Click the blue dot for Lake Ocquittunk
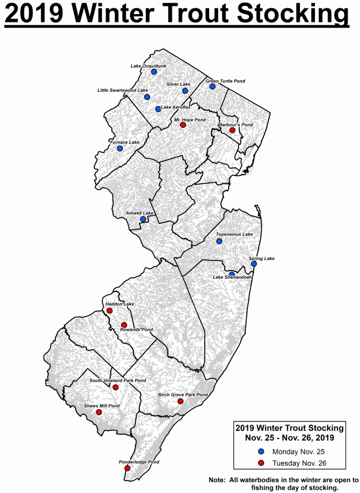pos(154,72)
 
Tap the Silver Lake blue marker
pos(185,91)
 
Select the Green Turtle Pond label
pos(225,81)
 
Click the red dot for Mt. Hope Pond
pos(183,125)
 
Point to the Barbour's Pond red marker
pos(232,130)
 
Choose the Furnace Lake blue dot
pos(120,148)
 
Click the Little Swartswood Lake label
pos(122,90)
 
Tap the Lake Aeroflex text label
pos(176,107)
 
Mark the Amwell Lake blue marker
pos(143,219)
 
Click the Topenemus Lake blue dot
pos(219,242)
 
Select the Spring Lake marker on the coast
pos(254,264)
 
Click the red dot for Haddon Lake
pos(109,311)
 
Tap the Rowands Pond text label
pos(136,330)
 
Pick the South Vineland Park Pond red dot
pos(115,387)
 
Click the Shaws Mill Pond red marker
pos(99,412)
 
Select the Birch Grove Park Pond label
pos(183,395)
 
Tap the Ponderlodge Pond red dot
pos(127,468)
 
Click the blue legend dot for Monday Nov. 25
pos(262,452)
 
